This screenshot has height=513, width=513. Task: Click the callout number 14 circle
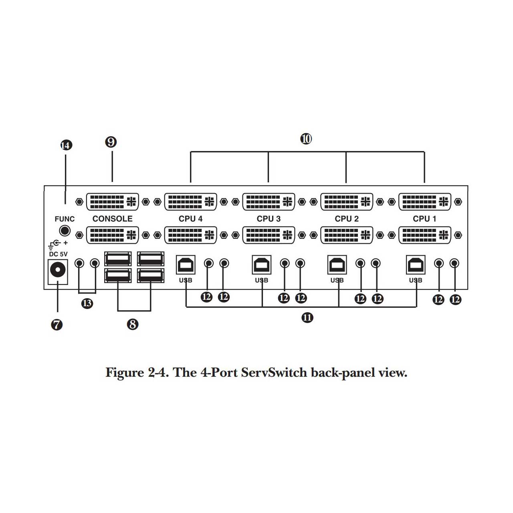pos(66,145)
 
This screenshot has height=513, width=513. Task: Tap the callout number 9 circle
pos(111,142)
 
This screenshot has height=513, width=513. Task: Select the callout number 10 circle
pos(306,139)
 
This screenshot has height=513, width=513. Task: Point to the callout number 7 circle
pos(57,325)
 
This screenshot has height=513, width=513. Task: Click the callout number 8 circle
pos(133,324)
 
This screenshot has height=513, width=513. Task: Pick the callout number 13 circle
pos(87,303)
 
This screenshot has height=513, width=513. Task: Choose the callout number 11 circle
pos(307,317)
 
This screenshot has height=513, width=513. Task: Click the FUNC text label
pos(65,219)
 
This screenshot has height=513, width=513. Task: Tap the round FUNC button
pos(65,230)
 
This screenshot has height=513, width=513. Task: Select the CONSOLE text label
pos(112,219)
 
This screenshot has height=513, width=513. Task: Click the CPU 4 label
pos(191,219)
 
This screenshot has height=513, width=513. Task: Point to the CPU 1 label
pos(424,219)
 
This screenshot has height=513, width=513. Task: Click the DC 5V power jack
pos(57,272)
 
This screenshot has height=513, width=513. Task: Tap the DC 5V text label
pos(58,254)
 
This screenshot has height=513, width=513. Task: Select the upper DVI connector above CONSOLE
pos(112,202)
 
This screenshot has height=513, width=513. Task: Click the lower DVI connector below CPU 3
pos(269,235)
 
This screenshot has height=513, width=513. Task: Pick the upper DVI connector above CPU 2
pos(347,202)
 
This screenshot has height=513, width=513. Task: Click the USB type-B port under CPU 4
pos(186,265)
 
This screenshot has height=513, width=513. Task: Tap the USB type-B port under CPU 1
pos(416,265)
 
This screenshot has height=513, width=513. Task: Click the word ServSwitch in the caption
pos(274,373)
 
